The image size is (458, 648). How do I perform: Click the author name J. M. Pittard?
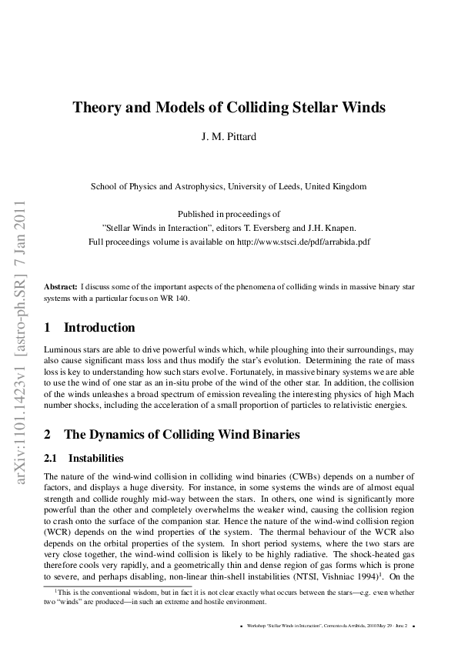[x=229, y=139]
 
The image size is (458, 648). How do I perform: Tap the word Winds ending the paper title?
[x=362, y=107]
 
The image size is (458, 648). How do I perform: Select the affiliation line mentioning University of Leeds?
[x=229, y=186]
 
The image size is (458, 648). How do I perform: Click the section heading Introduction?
[x=99, y=328]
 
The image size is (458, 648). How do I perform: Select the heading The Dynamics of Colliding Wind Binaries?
[x=181, y=435]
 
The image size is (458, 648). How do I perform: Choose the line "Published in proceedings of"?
[x=229, y=214]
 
